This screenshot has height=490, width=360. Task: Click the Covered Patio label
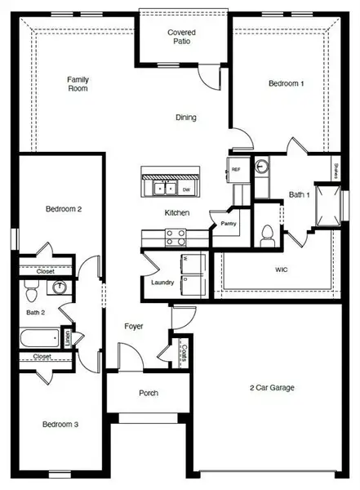(182, 38)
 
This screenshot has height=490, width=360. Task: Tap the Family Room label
(78, 84)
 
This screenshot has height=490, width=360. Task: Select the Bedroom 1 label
(287, 83)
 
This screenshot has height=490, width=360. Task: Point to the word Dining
(186, 118)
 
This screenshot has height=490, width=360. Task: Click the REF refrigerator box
(236, 169)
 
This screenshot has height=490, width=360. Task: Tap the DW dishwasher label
(186, 189)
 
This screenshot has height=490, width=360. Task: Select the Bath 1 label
(300, 195)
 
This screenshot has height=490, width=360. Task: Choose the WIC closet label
(282, 269)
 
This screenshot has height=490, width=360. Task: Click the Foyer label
(134, 327)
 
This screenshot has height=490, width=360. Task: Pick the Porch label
(149, 393)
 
